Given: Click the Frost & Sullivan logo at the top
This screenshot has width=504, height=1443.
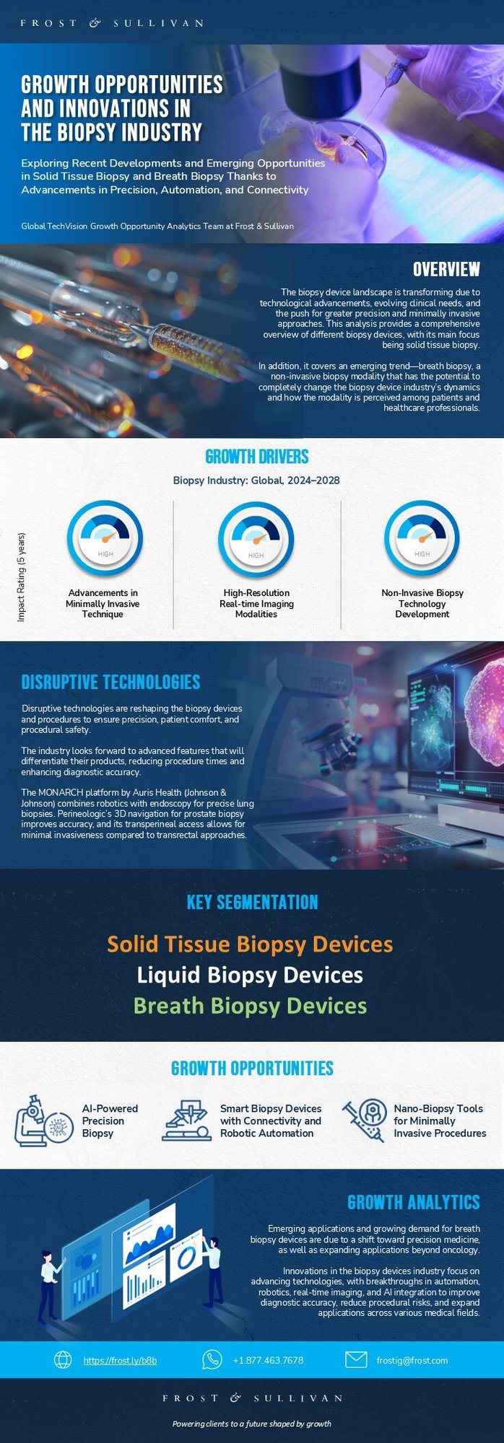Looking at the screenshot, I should click(112, 23).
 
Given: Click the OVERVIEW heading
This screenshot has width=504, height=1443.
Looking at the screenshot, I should click(446, 269).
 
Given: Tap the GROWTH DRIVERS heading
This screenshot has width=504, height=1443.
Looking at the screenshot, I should click(256, 457).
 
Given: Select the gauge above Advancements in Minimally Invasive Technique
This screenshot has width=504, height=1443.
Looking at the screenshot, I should click(105, 538).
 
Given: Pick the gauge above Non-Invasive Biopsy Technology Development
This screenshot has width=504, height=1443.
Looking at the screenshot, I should click(422, 538).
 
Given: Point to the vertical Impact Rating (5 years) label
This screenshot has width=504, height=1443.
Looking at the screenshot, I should click(22, 577).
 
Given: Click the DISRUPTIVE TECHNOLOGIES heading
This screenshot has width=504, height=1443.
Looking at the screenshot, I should click(110, 682).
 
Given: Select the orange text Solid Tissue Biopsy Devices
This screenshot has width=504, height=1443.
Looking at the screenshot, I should click(250, 944).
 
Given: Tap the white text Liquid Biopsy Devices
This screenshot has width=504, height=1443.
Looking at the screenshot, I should click(250, 975).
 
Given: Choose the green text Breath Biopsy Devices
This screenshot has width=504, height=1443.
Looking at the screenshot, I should click(250, 1006).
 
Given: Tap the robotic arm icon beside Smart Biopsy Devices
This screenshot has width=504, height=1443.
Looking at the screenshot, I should click(187, 1120).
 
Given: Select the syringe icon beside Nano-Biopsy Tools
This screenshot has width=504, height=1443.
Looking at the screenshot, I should click(364, 1120).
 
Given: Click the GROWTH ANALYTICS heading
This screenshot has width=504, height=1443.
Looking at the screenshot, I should click(413, 1202).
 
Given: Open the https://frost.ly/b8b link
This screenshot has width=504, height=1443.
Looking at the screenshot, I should click(120, 1360).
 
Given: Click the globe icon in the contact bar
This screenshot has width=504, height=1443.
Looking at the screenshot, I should click(64, 1360).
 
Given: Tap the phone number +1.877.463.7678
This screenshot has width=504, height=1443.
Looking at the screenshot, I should click(268, 1360).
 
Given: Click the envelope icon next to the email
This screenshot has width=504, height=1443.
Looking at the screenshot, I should click(356, 1360).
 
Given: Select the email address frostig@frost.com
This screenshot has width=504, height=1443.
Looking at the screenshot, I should click(412, 1360).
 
